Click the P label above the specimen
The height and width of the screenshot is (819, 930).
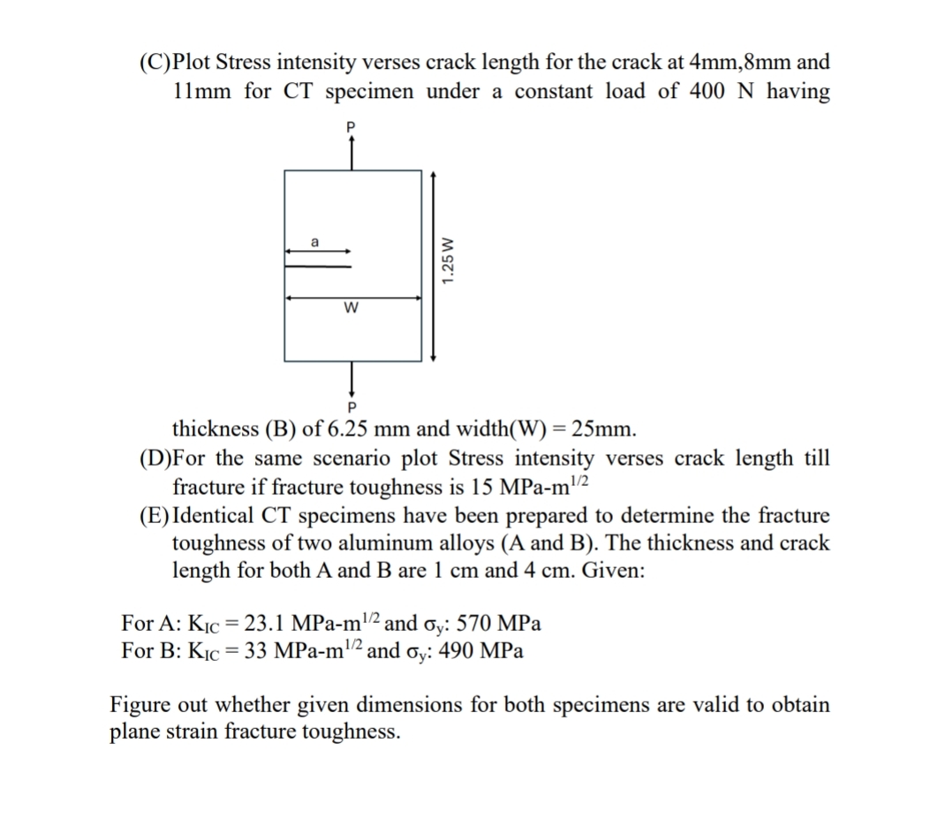[x=352, y=128]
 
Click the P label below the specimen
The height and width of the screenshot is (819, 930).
[x=352, y=407]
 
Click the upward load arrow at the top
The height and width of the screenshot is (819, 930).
[x=352, y=152]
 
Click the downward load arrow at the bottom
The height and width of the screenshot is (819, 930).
[x=352, y=378]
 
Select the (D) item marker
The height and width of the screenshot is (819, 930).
[x=156, y=459]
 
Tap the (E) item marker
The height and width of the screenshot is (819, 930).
[x=155, y=515]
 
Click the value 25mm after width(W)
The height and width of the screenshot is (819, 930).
[x=602, y=431]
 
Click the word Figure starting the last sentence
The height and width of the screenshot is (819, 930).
[x=141, y=705]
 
